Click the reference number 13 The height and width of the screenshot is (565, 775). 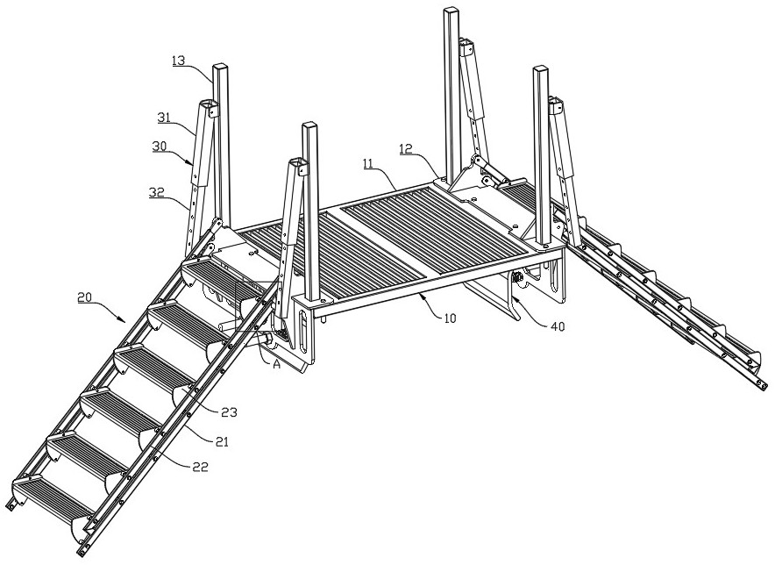click(179, 61)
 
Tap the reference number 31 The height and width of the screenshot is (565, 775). click(164, 118)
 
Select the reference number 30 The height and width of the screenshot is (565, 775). click(160, 147)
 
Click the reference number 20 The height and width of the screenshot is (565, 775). click(85, 297)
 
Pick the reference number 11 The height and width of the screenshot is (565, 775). click(369, 165)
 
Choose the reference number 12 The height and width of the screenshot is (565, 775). click(406, 148)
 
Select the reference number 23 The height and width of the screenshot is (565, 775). click(230, 412)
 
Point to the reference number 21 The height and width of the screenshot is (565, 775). click(222, 441)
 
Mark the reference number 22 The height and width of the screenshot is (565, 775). click(201, 467)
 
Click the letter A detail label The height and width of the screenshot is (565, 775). click(277, 365)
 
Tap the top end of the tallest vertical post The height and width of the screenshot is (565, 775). click(451, 9)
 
